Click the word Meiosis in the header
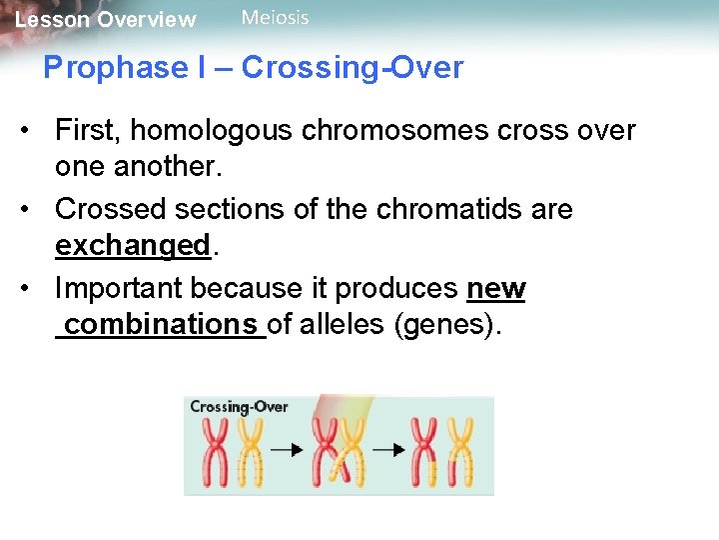click(275, 18)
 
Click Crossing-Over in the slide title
click(353, 68)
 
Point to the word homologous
click(231, 131)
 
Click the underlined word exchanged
click(132, 246)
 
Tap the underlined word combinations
click(161, 325)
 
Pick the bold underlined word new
click(496, 289)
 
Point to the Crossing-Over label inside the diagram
click(239, 407)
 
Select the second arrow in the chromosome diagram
click(388, 451)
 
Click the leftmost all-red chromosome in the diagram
click(216, 451)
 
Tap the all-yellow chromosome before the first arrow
click(250, 451)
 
